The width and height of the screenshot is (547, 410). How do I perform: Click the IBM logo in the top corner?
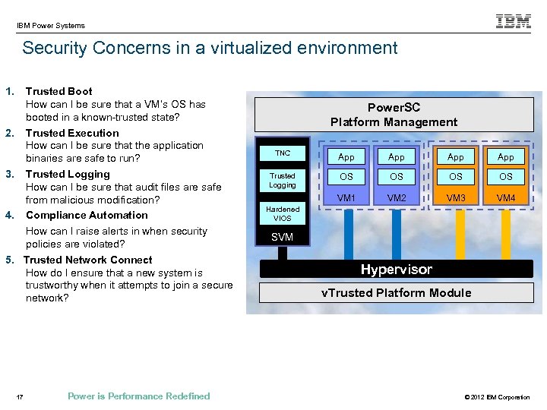pos(514,22)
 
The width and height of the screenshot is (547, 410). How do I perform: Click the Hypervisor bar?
pos(396,270)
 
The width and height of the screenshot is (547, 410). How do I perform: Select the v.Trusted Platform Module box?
pos(396,293)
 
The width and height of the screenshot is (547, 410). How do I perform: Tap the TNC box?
pos(283,153)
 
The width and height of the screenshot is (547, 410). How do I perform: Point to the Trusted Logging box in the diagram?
pos(283,181)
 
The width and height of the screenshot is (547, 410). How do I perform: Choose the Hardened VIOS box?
pos(283,213)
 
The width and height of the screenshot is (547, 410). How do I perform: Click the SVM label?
pos(282,238)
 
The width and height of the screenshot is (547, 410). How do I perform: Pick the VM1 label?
pos(346,198)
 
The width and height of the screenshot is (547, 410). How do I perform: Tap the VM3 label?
pos(456,198)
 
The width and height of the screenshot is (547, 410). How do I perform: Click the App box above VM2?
pos(397,157)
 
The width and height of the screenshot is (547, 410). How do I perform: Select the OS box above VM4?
pos(506,177)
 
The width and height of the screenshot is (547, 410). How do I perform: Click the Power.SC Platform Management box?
pos(394,115)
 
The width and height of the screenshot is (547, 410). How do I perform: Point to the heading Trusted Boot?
pos(59,92)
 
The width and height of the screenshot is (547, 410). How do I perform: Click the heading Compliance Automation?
pos(87,215)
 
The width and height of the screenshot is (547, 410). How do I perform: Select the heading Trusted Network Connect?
pos(88,260)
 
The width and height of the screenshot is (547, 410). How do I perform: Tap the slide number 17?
pos(20,396)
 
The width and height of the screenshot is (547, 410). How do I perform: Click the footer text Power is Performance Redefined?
pos(138,396)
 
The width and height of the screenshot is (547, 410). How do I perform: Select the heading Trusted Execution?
pos(72,133)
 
